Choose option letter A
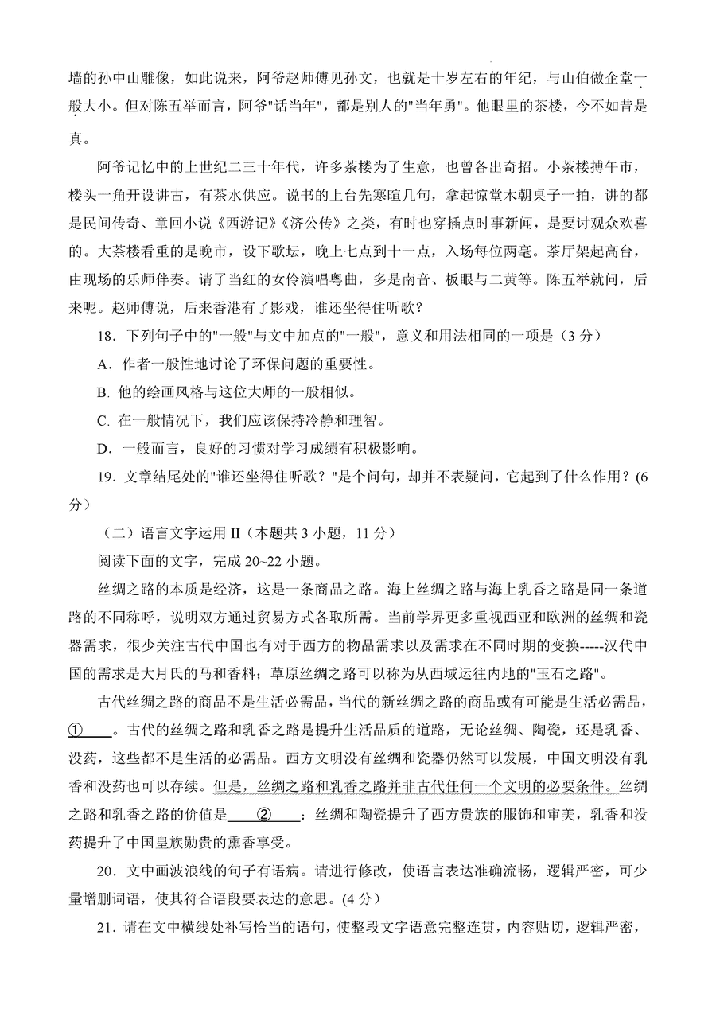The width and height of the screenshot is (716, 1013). tap(102, 365)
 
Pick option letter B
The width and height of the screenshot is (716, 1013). tap(101, 392)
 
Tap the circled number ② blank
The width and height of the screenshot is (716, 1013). tap(266, 814)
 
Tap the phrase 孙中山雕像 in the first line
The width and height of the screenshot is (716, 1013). tap(118, 78)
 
